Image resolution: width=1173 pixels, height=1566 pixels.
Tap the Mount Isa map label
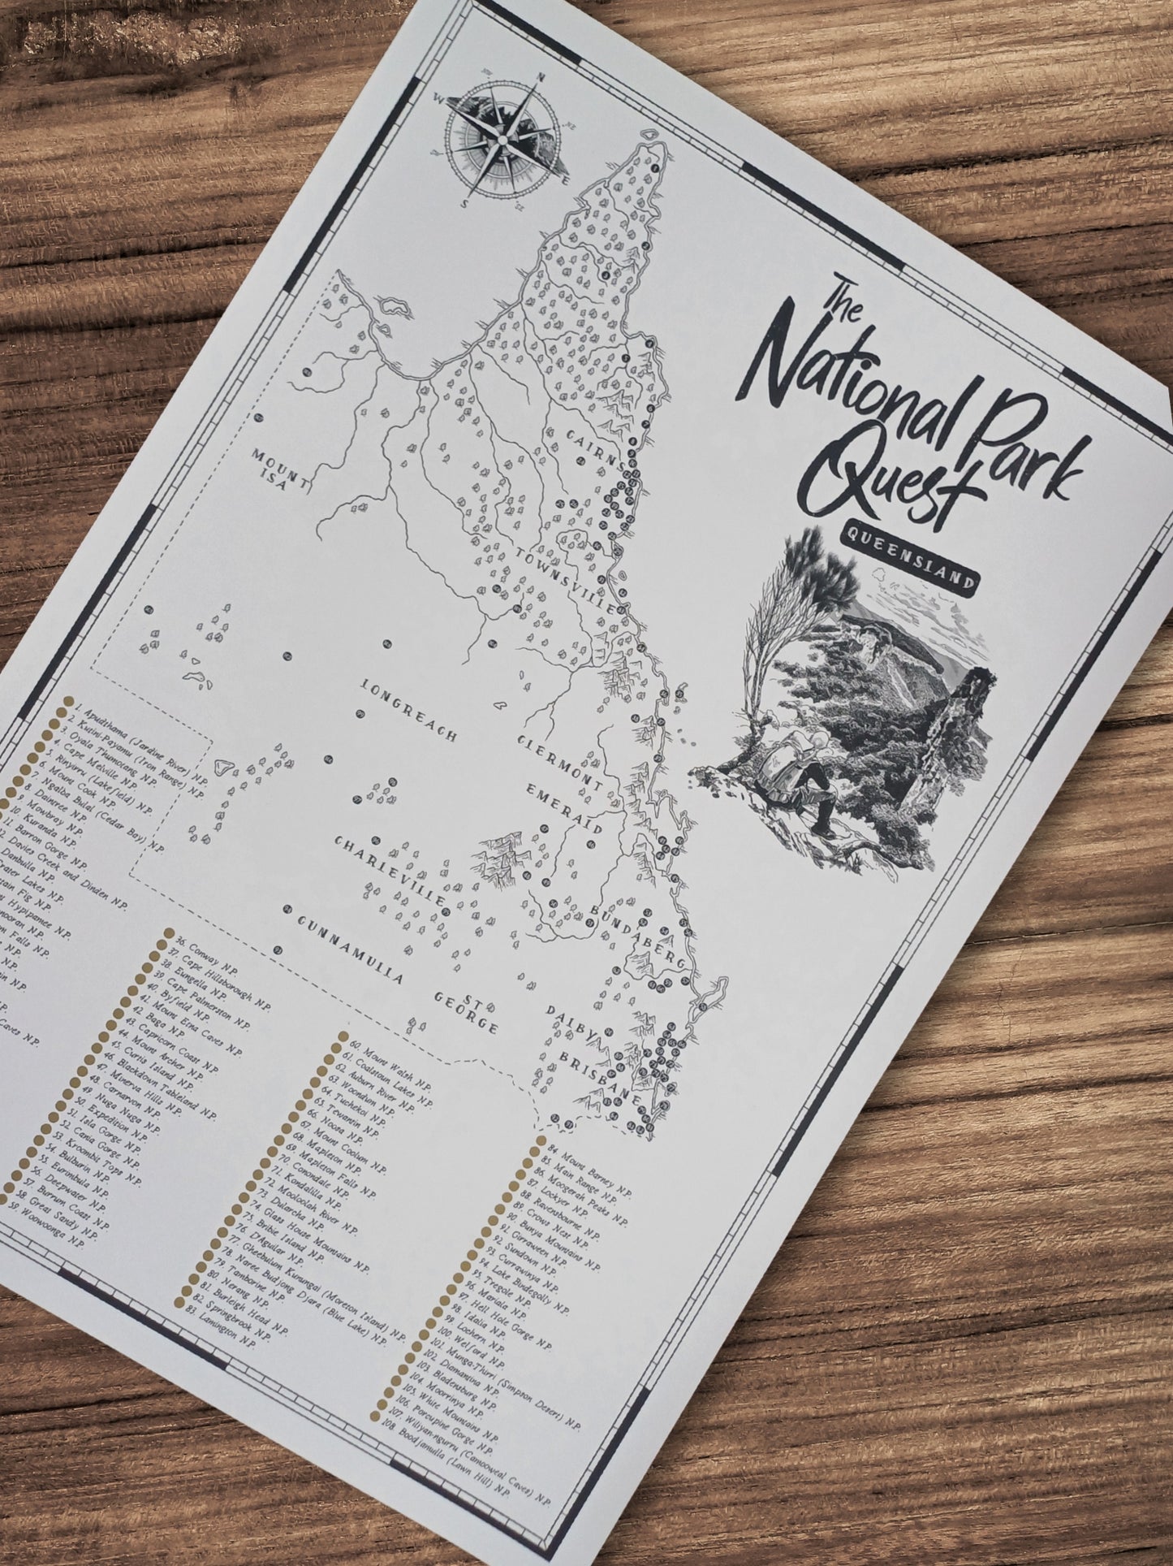coord(280,469)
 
